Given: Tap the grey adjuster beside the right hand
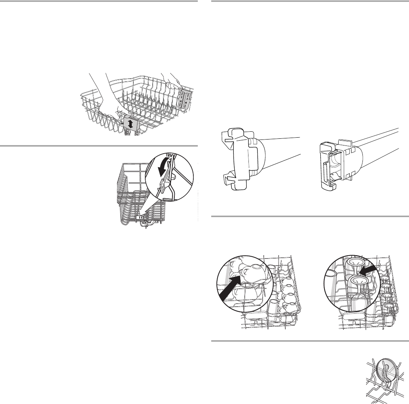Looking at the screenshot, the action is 186,99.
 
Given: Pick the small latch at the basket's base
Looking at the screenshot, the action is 140,216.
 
